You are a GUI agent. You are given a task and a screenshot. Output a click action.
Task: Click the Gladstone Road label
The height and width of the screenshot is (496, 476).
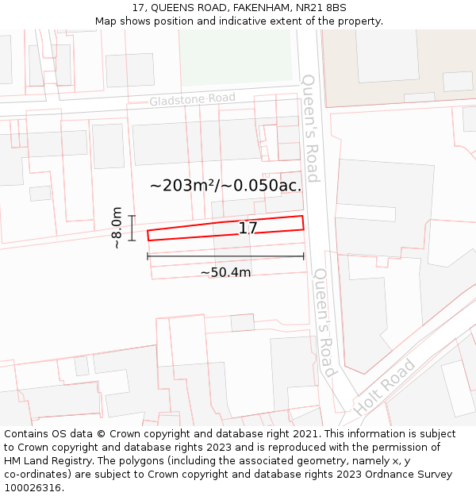click(x=193, y=99)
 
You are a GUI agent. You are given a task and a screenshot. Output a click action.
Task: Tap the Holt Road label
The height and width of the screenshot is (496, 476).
click(x=386, y=387)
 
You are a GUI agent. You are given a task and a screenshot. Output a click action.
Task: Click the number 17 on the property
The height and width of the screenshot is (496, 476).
click(x=248, y=229)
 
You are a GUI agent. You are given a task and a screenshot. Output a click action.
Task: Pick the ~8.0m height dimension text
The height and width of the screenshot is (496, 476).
click(x=117, y=228)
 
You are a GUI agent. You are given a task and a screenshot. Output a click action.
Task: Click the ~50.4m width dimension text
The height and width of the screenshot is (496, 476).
click(x=225, y=272)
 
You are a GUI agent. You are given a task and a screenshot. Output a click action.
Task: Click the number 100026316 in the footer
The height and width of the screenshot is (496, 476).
click(x=31, y=488)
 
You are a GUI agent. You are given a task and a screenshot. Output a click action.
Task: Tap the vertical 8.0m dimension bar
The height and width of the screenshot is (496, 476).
click(x=132, y=228)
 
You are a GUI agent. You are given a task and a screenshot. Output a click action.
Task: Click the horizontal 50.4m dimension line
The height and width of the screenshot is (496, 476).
click(x=225, y=256)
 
